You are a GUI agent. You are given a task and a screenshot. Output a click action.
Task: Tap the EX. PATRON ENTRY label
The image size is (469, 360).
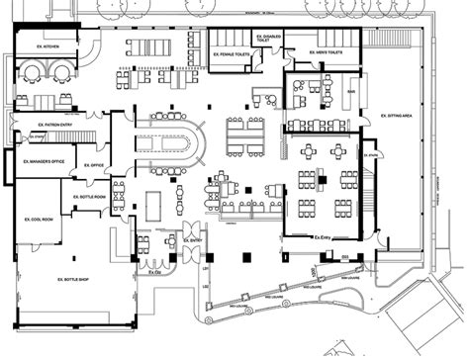36,124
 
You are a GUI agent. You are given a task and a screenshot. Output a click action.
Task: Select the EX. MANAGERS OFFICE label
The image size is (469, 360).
45,159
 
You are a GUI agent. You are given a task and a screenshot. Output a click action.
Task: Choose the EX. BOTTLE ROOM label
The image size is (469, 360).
89,197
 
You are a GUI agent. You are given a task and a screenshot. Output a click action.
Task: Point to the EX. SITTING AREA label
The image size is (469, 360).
397,116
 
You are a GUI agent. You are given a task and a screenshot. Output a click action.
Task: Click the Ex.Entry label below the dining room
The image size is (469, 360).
322,238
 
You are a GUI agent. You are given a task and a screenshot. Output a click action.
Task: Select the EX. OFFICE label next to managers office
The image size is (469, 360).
95,165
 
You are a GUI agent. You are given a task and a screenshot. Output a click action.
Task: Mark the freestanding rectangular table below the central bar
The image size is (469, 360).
153,205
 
